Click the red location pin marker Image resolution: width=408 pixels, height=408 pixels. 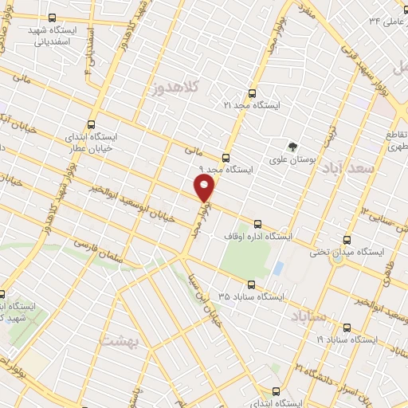click(205, 188)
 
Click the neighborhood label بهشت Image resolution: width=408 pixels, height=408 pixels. click(120, 339)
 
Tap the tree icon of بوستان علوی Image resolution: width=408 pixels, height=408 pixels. click(292, 147)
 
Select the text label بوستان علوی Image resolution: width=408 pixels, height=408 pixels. click(312, 162)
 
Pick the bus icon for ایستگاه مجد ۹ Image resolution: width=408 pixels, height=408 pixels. click(226, 157)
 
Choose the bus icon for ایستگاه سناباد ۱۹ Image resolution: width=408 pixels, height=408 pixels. click(345, 327)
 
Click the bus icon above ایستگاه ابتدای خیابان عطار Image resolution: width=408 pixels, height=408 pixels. click(91, 124)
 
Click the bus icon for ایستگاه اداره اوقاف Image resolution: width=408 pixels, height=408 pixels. click(256, 224)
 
